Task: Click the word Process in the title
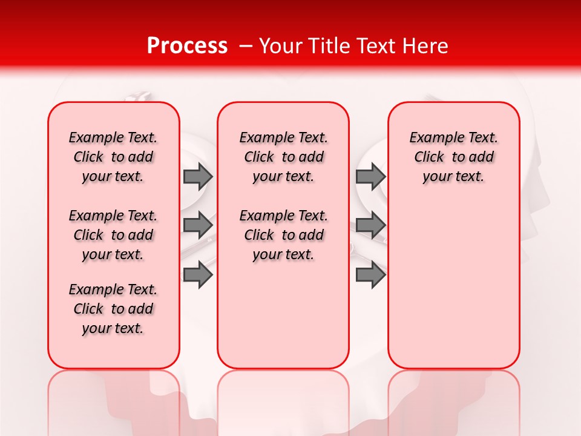[187, 46]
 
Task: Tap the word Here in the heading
[426, 46]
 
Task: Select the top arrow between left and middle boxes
[198, 177]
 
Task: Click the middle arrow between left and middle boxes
[198, 225]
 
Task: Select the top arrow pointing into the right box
[370, 177]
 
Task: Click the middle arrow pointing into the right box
[370, 225]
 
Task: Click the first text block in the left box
[113, 157]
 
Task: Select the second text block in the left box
[113, 235]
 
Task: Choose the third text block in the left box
[113, 309]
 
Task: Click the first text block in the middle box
[283, 157]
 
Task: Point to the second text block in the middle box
[283, 235]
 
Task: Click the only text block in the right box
[453, 157]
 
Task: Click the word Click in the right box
[429, 157]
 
